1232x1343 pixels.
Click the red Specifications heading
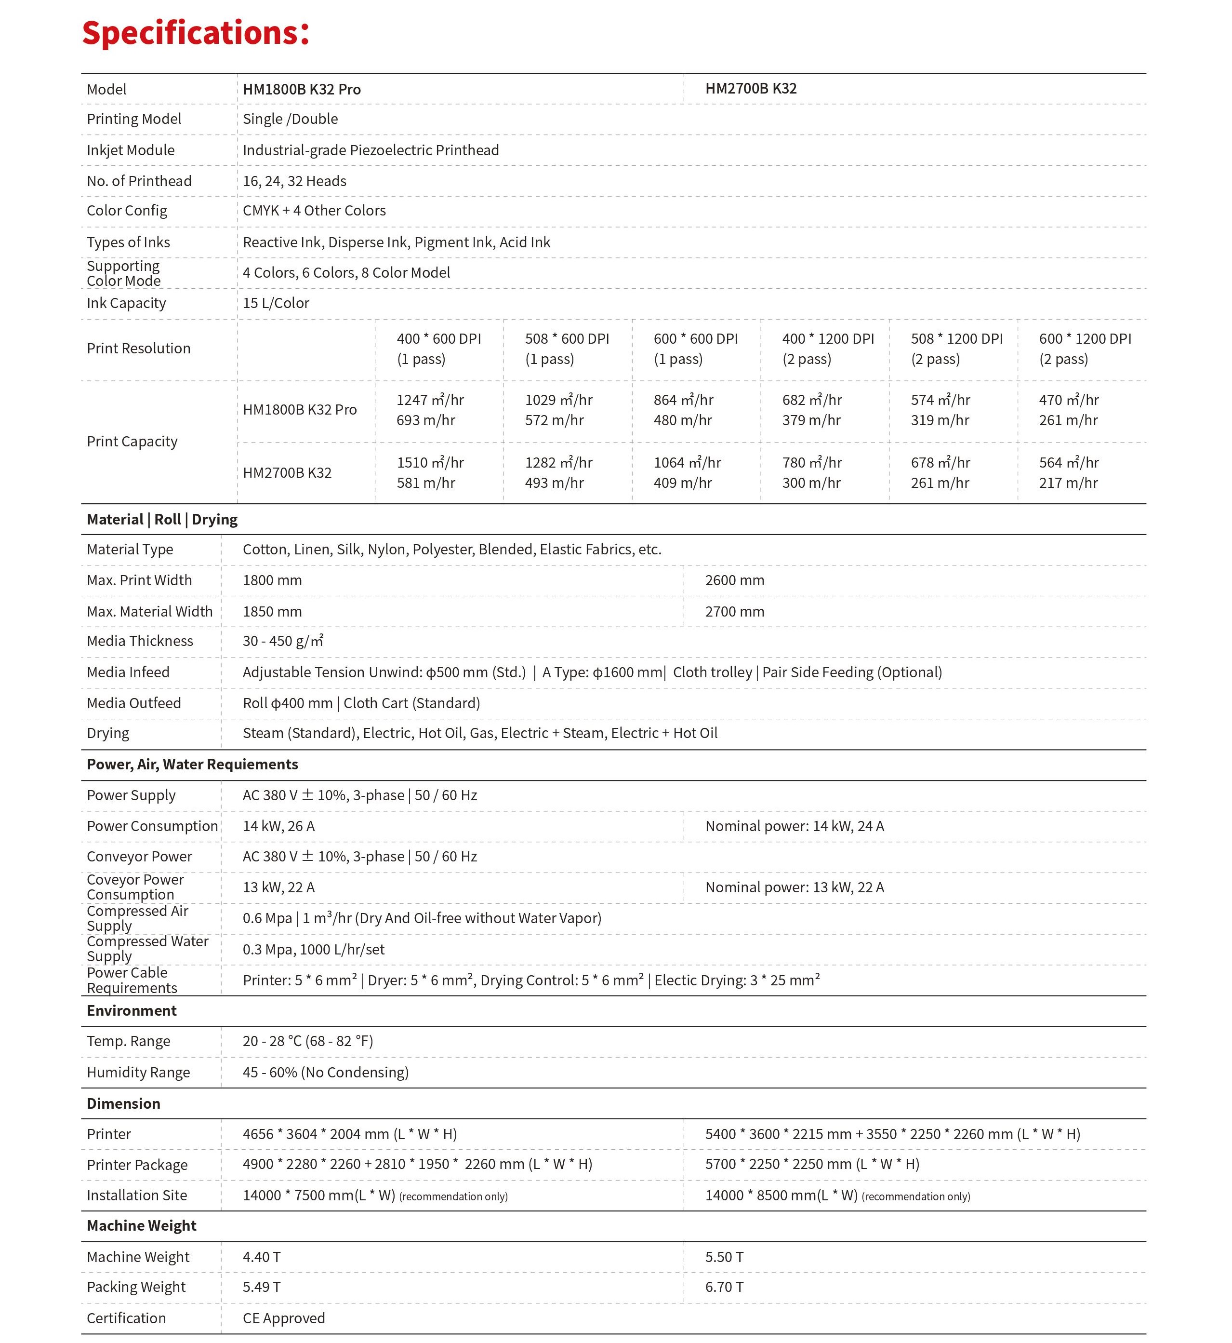pos(195,33)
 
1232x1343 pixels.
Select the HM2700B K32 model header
pos(751,89)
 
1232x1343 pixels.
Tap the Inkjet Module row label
pos(131,150)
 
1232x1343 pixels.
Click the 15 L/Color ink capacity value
pos(276,303)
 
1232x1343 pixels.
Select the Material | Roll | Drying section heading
pos(162,520)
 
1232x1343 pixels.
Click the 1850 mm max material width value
pos(272,612)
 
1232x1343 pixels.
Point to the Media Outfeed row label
pos(134,703)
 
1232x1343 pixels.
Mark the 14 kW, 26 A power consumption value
pos(278,826)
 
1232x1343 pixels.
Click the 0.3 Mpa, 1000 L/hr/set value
pos(313,950)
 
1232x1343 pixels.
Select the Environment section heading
pos(132,1011)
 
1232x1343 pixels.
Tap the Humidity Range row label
pos(138,1072)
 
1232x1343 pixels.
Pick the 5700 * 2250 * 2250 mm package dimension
pos(812,1164)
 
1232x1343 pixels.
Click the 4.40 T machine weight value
pos(261,1257)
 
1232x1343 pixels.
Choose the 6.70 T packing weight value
pos(724,1287)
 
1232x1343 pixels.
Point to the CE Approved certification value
pos(284,1318)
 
